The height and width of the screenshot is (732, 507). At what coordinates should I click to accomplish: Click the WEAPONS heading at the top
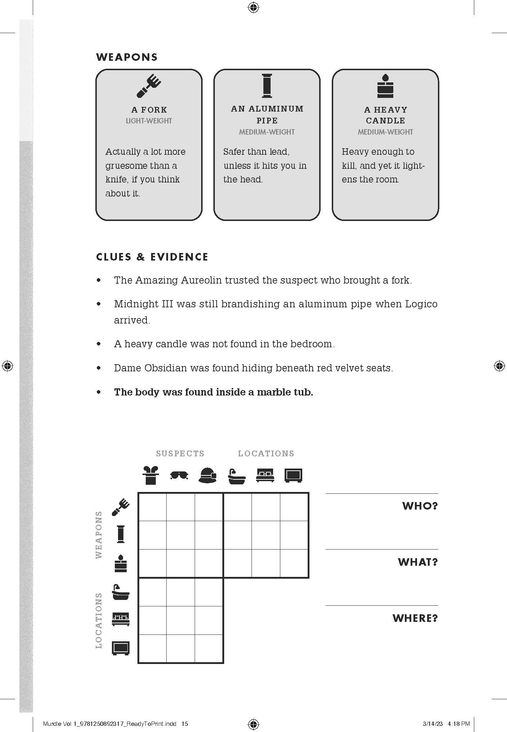pos(127,57)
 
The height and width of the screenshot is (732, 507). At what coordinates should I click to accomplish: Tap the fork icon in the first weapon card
pos(149,86)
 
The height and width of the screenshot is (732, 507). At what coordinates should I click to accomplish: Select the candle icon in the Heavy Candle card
pos(385,86)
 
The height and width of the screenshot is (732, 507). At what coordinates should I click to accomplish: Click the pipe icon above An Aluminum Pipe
pos(267,86)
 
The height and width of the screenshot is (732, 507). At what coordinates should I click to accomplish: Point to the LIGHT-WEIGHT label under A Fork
pos(149,121)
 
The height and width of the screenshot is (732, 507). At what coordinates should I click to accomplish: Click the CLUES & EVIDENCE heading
pos(152,257)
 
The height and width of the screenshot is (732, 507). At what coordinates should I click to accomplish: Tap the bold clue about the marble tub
pos(213,392)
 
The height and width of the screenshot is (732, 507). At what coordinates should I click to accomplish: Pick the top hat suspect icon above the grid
pos(150,475)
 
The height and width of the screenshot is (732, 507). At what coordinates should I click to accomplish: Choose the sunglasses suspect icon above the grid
pos(179,475)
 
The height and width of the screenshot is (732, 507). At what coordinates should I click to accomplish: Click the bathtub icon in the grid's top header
pos(237,476)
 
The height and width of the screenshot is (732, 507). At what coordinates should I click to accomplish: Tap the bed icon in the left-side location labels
pos(121,619)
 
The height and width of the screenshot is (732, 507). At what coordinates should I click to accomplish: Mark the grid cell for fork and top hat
pos(152,507)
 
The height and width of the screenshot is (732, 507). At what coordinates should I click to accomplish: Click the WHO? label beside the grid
pos(420,506)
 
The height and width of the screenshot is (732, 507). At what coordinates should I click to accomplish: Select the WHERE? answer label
pos(415,618)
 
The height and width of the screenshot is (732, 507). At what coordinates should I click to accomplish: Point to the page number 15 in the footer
pos(185,724)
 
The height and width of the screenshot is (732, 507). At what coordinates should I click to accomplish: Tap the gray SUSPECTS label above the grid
pos(180,453)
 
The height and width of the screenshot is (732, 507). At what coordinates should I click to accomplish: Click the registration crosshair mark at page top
pos(253,7)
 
